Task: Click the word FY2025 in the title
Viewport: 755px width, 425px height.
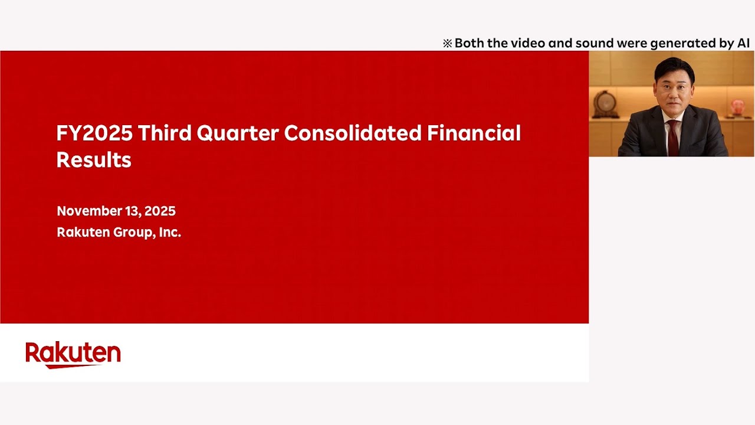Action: pyautogui.click(x=94, y=133)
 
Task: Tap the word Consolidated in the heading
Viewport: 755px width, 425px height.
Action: pyautogui.click(x=353, y=133)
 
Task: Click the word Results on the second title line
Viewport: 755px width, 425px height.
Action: pyautogui.click(x=93, y=160)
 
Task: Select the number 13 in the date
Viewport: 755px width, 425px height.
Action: pyautogui.click(x=130, y=211)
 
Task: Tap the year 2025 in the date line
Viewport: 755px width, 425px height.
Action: pyautogui.click(x=159, y=211)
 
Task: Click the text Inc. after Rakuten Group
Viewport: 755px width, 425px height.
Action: pyautogui.click(x=170, y=233)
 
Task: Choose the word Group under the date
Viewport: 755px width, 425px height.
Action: pyautogui.click(x=133, y=233)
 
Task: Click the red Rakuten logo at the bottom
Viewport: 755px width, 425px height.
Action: pyautogui.click(x=73, y=355)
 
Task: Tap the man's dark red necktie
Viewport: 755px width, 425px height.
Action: pyautogui.click(x=672, y=139)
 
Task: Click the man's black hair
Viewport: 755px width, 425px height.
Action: pyautogui.click(x=674, y=67)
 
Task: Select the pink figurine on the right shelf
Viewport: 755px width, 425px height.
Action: pyautogui.click(x=738, y=107)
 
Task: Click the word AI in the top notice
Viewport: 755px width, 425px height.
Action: pyautogui.click(x=743, y=43)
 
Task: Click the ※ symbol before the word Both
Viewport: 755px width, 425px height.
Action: pyautogui.click(x=448, y=44)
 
